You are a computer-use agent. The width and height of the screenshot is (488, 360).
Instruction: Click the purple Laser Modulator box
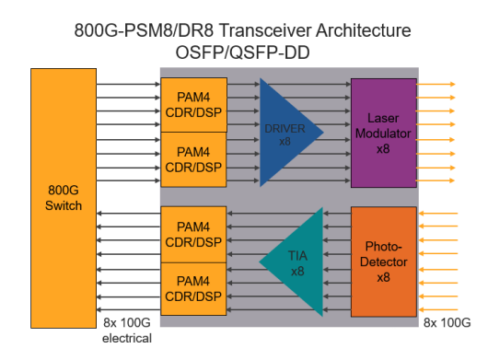[x=383, y=132]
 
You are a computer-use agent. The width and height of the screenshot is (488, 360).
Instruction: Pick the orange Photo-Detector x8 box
[x=382, y=261]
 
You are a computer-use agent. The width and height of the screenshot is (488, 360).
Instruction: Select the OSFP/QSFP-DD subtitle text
[x=242, y=52]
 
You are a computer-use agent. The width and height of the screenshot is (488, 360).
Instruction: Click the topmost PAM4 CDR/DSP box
[x=193, y=105]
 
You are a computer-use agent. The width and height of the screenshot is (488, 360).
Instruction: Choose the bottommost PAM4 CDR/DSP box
[x=193, y=289]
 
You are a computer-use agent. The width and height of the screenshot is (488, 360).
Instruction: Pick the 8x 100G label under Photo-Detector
[x=447, y=323]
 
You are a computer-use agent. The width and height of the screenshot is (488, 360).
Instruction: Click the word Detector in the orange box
[x=382, y=261]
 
